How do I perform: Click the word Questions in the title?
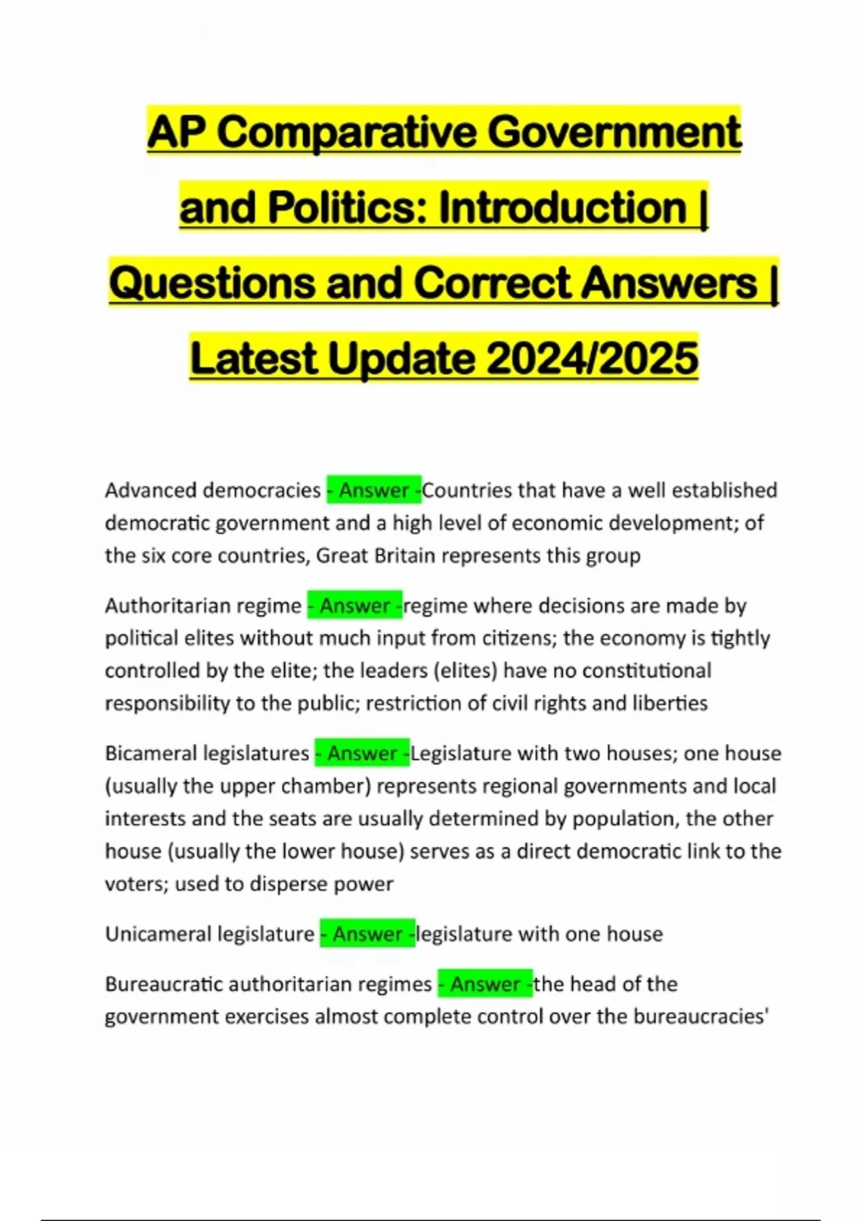coord(212,283)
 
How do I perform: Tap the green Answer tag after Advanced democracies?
coord(374,490)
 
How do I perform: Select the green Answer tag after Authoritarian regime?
coord(355,605)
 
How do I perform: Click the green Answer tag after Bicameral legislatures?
coord(362,753)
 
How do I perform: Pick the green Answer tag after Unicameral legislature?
coord(367,934)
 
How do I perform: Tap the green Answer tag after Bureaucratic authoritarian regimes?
coord(485,983)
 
